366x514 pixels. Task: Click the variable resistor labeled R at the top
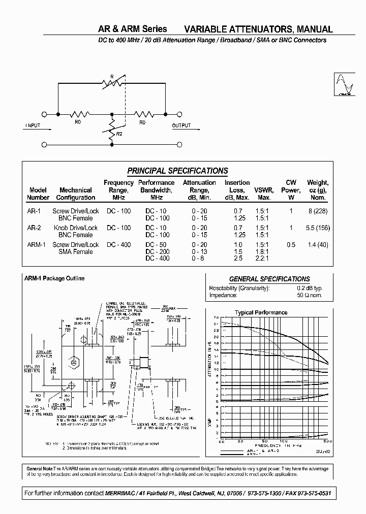[112, 81]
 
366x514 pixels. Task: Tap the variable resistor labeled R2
[112, 129]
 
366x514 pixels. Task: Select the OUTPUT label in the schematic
[181, 125]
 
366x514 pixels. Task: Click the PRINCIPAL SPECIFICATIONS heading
[177, 171]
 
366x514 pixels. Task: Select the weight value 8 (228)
[318, 211]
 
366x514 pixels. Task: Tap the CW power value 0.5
[291, 245]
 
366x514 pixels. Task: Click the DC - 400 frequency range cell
[118, 245]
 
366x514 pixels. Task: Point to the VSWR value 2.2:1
[263, 259]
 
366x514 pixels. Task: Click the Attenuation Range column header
[199, 190]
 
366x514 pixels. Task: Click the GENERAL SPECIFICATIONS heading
[269, 279]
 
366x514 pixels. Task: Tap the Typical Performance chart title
[261, 312]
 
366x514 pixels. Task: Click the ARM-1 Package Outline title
[54, 278]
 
